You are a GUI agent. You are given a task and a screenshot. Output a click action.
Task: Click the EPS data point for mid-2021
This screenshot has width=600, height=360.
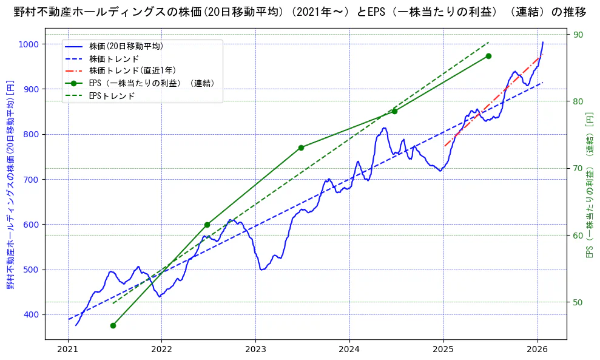(x=113, y=325)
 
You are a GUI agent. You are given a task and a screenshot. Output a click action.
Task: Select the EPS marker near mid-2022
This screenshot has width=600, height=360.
(x=207, y=225)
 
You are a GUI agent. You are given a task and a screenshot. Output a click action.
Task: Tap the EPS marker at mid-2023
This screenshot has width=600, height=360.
(x=301, y=148)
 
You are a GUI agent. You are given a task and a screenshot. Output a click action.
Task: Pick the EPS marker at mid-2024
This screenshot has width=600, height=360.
(x=394, y=111)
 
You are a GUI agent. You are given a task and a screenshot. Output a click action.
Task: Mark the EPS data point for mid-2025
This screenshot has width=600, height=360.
(x=488, y=56)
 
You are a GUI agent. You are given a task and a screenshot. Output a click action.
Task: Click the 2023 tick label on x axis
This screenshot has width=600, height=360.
(x=255, y=350)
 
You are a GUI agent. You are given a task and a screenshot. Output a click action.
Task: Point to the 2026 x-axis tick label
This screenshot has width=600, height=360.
(x=538, y=350)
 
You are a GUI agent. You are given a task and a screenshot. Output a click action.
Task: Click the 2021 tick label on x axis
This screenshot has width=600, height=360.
(x=67, y=350)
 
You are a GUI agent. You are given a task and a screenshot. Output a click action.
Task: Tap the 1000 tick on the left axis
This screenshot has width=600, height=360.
(x=28, y=44)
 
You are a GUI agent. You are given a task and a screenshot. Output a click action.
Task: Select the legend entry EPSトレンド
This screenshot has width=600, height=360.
(x=112, y=96)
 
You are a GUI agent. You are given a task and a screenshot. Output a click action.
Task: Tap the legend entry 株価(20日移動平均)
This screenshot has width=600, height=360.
(x=126, y=46)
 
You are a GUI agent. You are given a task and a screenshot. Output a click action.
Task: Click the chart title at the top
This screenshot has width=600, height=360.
(x=300, y=12)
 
